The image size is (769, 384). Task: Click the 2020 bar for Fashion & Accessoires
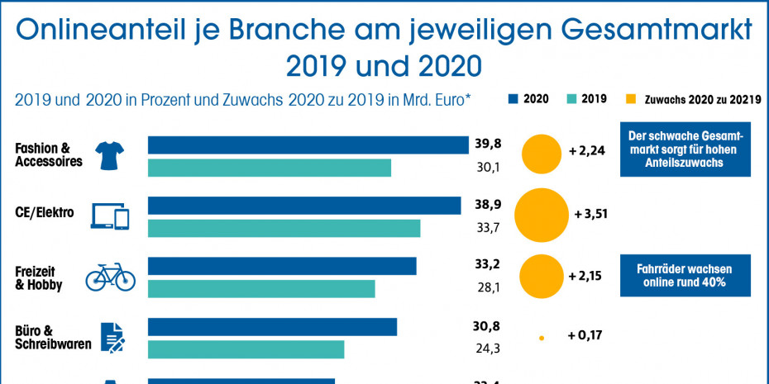[308, 145]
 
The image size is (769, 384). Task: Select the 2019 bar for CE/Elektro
[284, 228]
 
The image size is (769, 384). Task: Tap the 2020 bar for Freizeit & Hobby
[282, 266]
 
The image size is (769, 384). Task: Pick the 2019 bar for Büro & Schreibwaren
[246, 349]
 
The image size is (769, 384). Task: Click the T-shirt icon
[109, 154]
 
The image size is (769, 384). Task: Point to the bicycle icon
[110, 276]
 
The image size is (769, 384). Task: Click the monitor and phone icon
[110, 216]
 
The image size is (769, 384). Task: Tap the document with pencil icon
[112, 336]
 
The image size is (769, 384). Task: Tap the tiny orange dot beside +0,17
[542, 337]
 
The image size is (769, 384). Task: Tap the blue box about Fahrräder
[685, 276]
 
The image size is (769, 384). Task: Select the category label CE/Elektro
[45, 213]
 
